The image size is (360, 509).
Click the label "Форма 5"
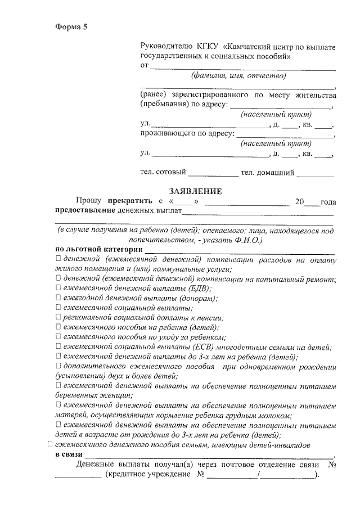coord(71,27)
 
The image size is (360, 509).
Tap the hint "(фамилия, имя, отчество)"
coord(238,75)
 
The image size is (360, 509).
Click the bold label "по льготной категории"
coord(98,249)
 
